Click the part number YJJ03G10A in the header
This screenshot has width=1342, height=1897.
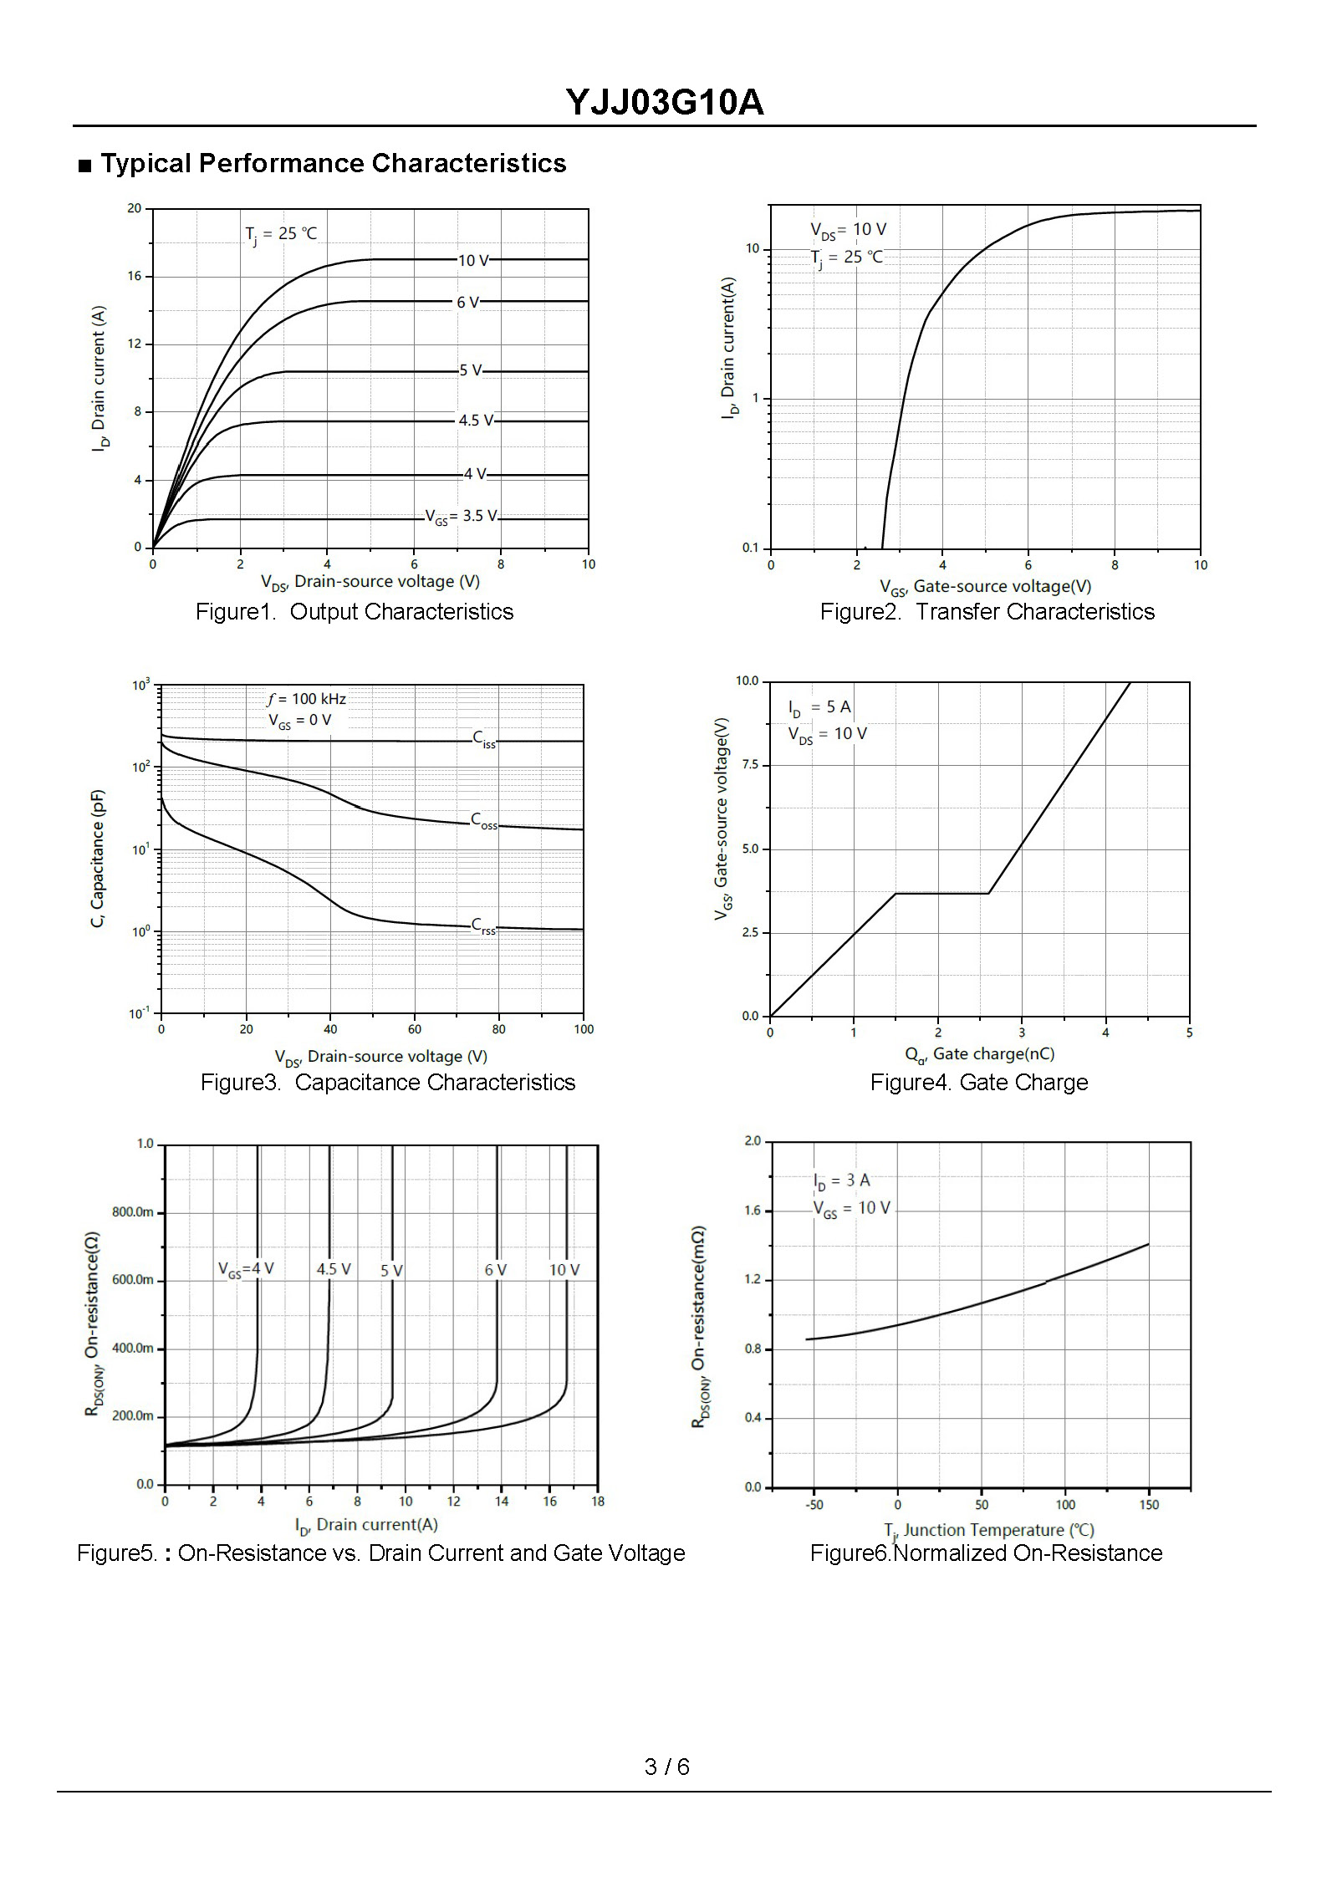[665, 103]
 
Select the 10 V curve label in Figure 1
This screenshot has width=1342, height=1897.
[473, 261]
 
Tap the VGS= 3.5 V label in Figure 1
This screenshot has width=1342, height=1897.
[462, 517]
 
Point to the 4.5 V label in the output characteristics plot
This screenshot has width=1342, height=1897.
[476, 421]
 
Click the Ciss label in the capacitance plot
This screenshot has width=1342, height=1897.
[484, 739]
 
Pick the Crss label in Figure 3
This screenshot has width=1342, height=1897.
[483, 926]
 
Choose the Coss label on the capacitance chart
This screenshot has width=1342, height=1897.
[484, 821]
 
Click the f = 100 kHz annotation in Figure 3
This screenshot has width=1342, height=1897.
[306, 699]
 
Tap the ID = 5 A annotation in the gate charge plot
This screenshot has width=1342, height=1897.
[819, 708]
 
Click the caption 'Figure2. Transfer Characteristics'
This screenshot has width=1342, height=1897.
[987, 612]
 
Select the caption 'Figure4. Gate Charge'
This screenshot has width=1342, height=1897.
[979, 1083]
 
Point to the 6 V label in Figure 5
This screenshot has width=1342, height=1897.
[496, 1270]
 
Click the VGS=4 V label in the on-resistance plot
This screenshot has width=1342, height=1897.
[246, 1269]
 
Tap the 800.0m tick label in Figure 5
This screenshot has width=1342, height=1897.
[133, 1212]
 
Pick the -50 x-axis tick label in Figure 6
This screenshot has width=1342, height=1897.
[814, 1505]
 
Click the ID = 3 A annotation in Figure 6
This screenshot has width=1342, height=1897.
[842, 1181]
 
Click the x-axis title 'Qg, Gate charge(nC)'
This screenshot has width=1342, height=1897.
[979, 1055]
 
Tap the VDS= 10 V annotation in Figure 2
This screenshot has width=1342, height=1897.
[848, 230]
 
